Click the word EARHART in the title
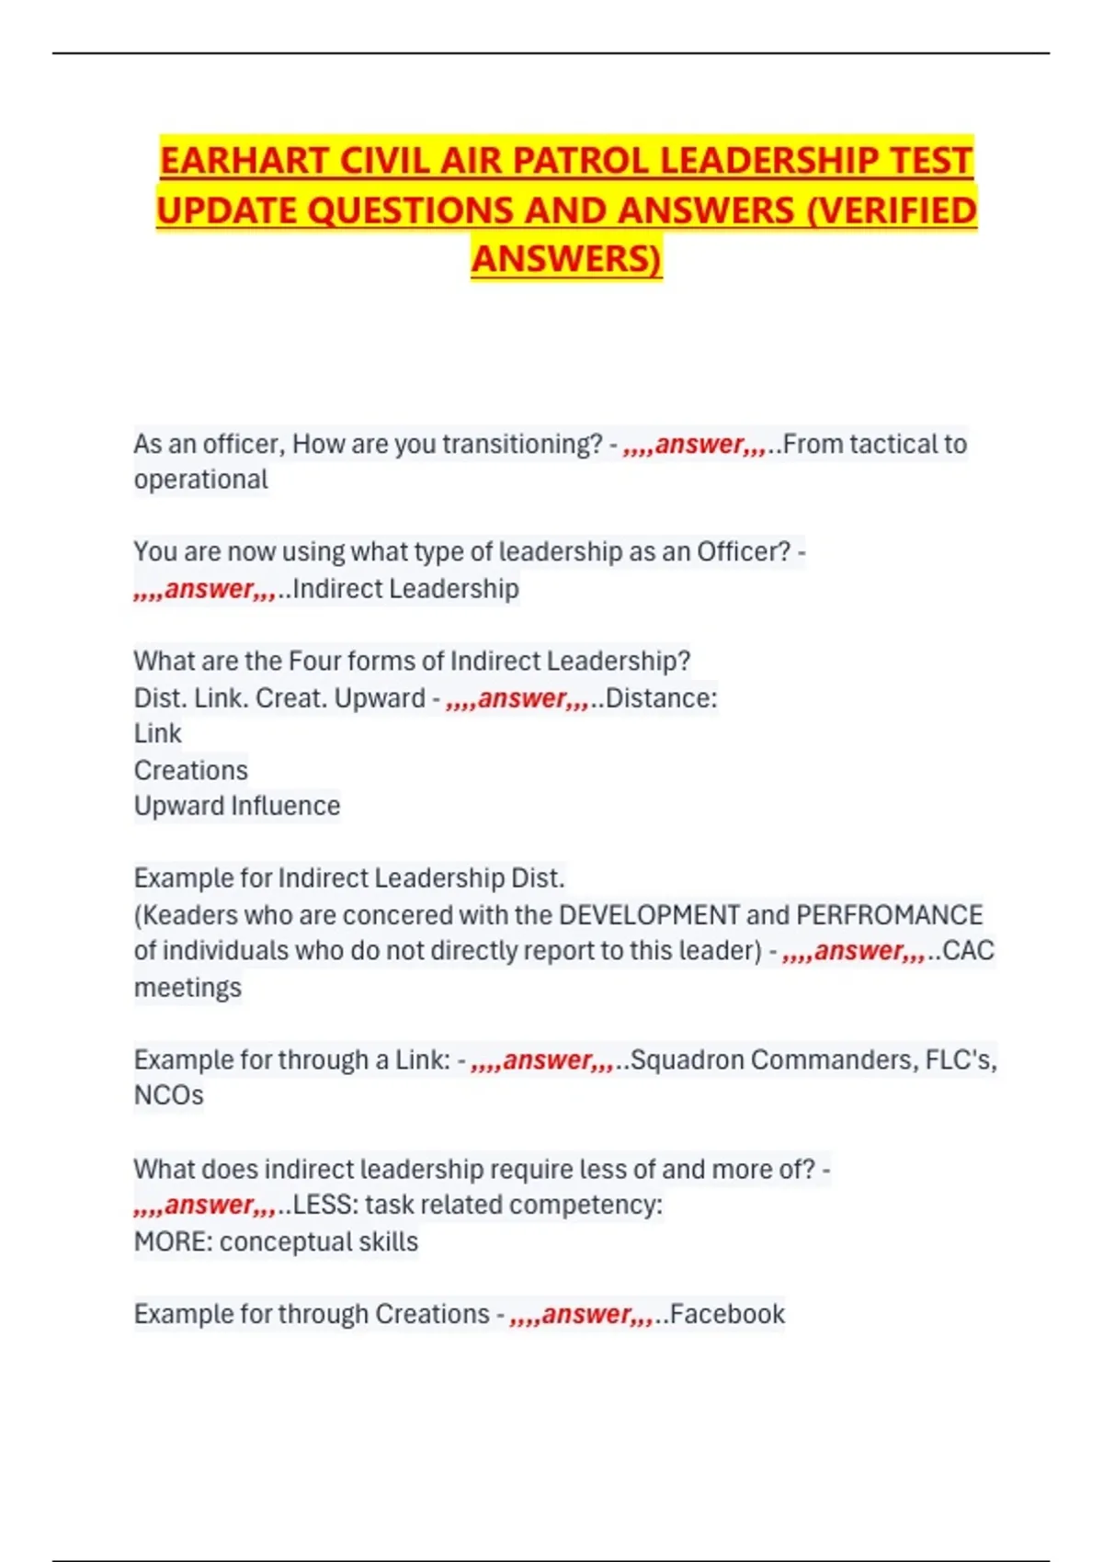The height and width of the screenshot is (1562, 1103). tap(244, 161)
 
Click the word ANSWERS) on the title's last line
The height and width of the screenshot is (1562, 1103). tap(566, 259)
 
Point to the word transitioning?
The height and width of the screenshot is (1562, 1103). tap(521, 445)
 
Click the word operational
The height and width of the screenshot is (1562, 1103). tap(200, 480)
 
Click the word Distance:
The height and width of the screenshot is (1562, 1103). tap(661, 698)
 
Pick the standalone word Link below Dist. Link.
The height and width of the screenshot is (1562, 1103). tap(157, 734)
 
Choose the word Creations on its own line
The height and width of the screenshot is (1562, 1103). tap(190, 770)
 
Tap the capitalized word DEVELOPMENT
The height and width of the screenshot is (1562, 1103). tap(648, 915)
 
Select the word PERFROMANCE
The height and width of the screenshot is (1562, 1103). tap(889, 915)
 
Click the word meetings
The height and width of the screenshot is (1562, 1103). tap(188, 988)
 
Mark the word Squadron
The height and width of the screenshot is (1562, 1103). tap(687, 1060)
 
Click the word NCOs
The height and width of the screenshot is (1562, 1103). tap(168, 1095)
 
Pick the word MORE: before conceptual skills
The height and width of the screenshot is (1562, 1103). tap(173, 1242)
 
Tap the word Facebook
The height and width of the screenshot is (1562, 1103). tap(727, 1315)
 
